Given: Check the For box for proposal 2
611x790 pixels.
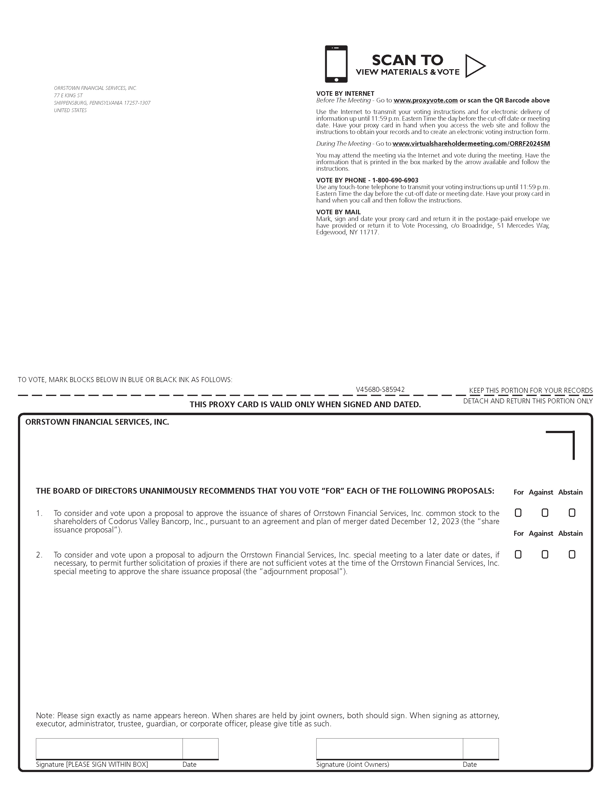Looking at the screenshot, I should [518, 554].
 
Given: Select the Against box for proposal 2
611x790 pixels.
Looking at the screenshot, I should [545, 554].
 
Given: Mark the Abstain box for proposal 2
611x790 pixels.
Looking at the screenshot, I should [572, 554].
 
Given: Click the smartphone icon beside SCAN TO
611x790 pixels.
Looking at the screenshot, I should [336, 64].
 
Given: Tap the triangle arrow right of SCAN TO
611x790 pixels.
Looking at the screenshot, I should [474, 66].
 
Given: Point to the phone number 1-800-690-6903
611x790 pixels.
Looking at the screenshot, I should [395, 180].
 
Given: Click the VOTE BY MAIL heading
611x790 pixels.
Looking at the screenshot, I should [338, 212].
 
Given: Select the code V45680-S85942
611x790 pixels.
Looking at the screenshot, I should [380, 389].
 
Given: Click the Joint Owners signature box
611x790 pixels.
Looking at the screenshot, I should [389, 748].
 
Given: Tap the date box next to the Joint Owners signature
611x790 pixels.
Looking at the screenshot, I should [481, 748].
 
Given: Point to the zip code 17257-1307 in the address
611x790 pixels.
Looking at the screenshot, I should [137, 103].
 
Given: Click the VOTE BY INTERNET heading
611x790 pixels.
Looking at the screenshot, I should [345, 93].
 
